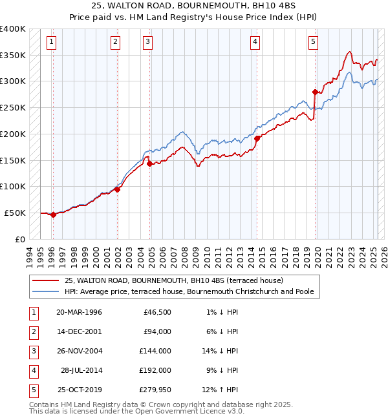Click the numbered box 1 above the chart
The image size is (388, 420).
(x=51, y=43)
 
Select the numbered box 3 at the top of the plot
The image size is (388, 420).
(x=148, y=43)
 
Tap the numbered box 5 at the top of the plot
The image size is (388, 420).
(x=313, y=43)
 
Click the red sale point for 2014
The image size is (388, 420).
(x=257, y=138)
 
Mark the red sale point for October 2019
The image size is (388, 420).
(x=315, y=92)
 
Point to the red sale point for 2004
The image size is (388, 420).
(x=149, y=163)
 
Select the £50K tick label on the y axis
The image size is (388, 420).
(x=16, y=213)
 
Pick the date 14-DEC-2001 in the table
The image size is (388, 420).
(x=79, y=331)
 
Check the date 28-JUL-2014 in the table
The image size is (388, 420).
(x=81, y=370)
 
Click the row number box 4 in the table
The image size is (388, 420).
(x=32, y=370)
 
